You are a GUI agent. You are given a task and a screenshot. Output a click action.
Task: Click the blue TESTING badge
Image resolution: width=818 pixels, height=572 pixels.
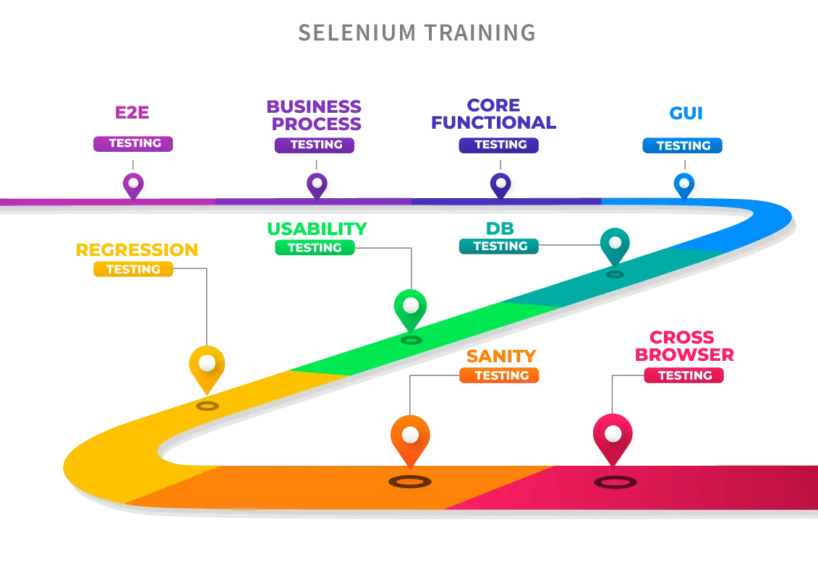pos(683,145)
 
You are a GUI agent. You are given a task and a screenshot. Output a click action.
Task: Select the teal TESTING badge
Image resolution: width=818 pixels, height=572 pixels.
pos(500,246)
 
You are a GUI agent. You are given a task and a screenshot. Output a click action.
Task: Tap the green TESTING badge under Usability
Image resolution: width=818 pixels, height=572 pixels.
pos(315,247)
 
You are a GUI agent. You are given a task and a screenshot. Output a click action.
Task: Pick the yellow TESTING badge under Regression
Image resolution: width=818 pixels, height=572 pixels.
pos(133,269)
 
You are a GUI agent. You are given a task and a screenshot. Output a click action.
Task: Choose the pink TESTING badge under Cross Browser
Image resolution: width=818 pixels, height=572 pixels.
pos(684,375)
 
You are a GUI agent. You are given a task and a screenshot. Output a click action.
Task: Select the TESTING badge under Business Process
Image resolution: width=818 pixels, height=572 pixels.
pos(316,145)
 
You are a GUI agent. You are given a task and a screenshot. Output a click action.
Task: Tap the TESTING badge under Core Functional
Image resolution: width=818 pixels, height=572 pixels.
pos(500,145)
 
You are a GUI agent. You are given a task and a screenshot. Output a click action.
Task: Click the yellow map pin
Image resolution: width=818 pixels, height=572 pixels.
pos(207,367)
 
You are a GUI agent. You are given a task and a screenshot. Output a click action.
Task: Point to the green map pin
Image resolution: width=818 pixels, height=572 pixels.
pos(410,308)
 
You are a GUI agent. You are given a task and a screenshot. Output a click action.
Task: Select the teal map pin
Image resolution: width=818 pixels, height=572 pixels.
pos(614,244)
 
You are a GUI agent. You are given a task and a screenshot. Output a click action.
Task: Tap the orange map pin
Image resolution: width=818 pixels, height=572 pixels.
pos(410,438)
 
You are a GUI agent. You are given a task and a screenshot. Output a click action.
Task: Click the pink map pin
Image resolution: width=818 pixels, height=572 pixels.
pos(613,437)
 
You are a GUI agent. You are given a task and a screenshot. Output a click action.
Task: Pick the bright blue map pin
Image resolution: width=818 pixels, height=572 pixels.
pos(683,184)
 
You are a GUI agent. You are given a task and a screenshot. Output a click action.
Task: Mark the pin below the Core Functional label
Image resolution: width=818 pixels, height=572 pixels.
pos(500,184)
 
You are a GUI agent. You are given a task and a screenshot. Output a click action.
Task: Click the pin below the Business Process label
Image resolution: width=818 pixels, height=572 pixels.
pos(317,184)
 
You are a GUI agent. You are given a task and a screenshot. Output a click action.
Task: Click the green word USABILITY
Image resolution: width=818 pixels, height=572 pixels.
pos(317,229)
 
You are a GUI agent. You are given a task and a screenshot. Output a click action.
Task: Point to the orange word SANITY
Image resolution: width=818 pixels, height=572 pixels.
pos(500,356)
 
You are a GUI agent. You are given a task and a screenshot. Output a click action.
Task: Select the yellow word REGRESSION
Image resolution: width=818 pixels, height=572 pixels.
pos(137,250)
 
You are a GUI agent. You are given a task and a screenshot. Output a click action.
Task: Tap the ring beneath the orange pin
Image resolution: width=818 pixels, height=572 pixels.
pos(410,481)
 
